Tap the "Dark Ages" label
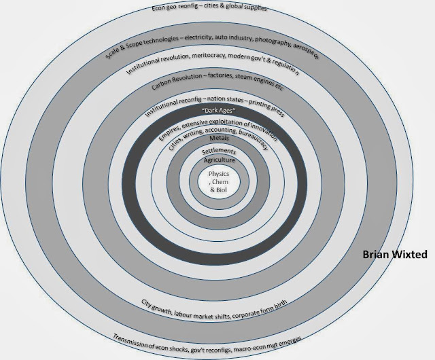tap(214, 111)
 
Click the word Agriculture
tap(215, 160)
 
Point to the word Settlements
tap(215, 149)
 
